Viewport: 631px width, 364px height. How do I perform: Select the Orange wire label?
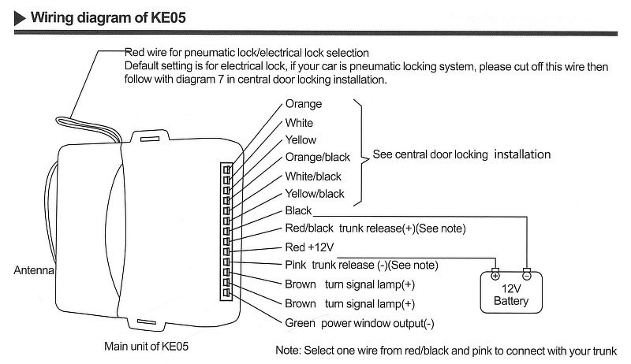(x=303, y=104)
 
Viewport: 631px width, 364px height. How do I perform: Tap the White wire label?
(x=299, y=122)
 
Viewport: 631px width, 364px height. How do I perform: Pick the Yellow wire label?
(x=301, y=140)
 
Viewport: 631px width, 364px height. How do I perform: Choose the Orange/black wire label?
(x=317, y=158)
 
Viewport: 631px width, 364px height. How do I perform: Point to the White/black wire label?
(x=313, y=176)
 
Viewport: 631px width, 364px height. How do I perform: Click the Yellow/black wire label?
(x=315, y=194)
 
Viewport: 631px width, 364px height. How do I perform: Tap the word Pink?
(x=295, y=265)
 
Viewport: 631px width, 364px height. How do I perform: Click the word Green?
(x=300, y=322)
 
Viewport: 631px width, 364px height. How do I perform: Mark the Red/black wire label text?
(x=308, y=229)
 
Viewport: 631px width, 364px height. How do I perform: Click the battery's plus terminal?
(x=495, y=274)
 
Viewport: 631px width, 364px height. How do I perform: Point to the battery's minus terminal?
(x=527, y=274)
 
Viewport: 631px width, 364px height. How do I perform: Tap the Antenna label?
(x=33, y=270)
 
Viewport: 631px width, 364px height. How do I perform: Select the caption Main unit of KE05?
(x=147, y=345)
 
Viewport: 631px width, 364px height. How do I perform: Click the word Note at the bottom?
(x=289, y=351)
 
